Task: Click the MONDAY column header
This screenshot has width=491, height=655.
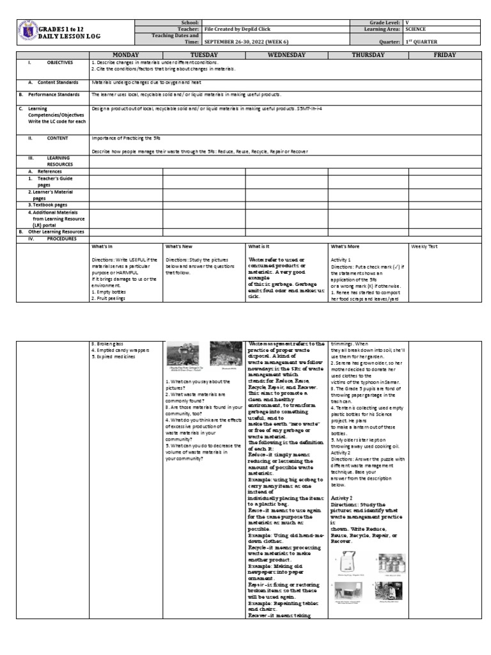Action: tap(126, 55)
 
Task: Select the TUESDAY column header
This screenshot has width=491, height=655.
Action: tap(204, 55)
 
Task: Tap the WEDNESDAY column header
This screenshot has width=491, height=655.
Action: tap(286, 55)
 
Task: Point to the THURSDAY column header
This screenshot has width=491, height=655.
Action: tap(368, 55)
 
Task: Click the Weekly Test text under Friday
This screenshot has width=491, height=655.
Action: tap(424, 246)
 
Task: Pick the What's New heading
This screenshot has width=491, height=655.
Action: tap(179, 246)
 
